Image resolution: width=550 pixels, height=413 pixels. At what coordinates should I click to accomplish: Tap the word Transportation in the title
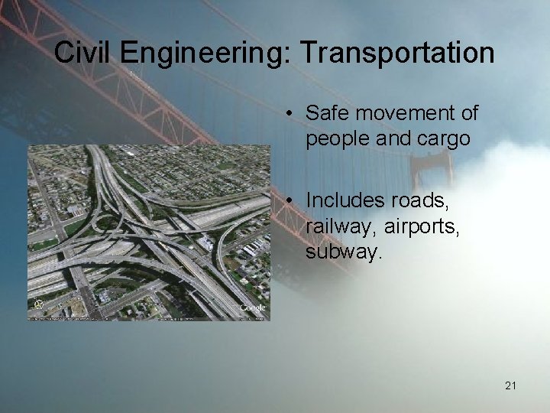(x=397, y=53)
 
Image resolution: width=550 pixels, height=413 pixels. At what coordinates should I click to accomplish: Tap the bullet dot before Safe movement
(x=293, y=115)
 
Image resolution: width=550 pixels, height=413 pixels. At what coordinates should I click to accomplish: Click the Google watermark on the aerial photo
(x=253, y=307)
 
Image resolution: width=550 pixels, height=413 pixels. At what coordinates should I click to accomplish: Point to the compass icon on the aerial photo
(x=38, y=306)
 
